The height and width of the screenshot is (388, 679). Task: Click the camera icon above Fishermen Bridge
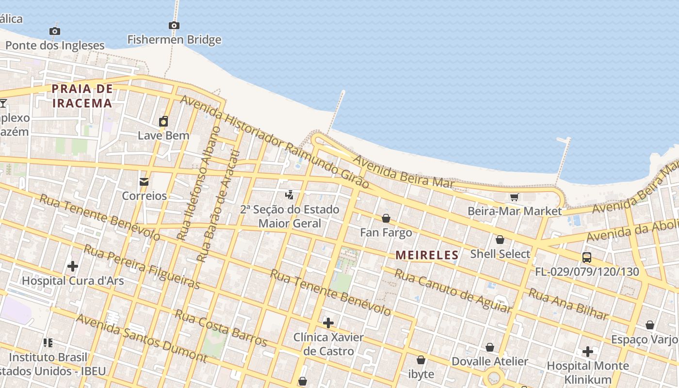[174, 25]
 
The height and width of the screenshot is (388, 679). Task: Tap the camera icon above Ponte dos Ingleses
[55, 31]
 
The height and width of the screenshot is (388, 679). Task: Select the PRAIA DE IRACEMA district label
[82, 96]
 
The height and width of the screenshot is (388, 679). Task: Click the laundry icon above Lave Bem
[163, 121]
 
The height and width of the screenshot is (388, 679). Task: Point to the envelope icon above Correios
[144, 182]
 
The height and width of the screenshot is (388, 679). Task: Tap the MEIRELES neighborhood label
[427, 255]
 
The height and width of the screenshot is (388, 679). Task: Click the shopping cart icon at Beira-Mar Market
[515, 197]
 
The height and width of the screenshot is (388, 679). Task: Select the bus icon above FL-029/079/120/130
[587, 257]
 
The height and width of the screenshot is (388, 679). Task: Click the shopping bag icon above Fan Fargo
[386, 218]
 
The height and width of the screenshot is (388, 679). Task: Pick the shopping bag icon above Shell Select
[500, 240]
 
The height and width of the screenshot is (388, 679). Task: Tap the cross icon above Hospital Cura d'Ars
[73, 266]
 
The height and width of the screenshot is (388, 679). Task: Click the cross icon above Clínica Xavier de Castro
[328, 323]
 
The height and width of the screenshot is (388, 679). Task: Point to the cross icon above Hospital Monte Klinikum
[588, 351]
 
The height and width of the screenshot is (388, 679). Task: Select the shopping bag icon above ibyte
[421, 360]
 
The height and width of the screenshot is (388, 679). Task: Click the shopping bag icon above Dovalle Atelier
[490, 347]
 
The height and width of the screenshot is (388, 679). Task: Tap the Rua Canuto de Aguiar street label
[453, 291]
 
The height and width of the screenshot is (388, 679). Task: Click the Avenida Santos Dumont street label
[142, 339]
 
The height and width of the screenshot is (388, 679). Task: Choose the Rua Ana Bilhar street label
[568, 304]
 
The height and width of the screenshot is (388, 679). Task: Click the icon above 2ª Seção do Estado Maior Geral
[290, 195]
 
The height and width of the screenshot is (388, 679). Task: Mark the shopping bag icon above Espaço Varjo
[650, 325]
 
